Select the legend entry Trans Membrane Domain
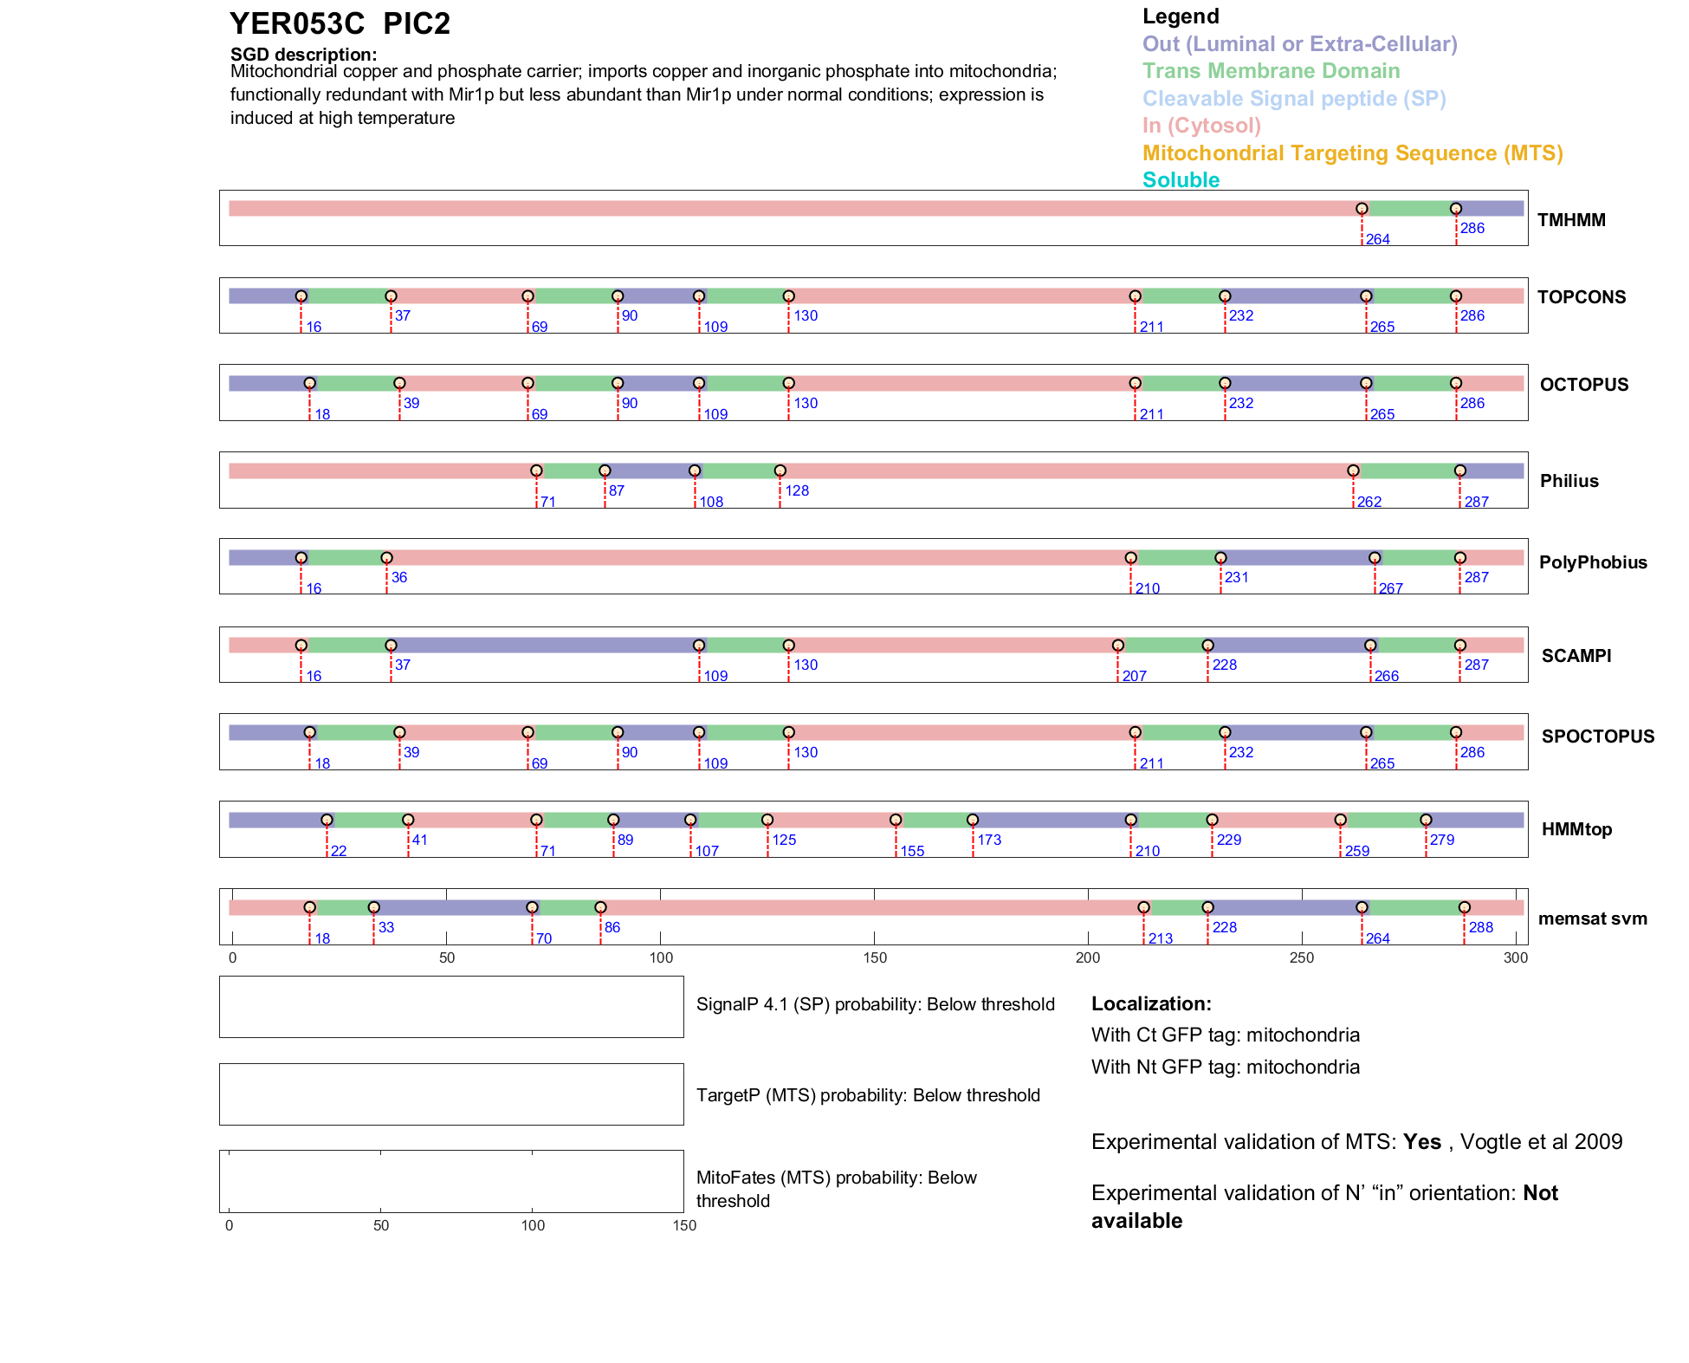(1271, 71)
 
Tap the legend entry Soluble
(1181, 180)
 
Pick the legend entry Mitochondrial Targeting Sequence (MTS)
(1352, 153)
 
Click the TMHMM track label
(1570, 220)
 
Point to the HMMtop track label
(1576, 829)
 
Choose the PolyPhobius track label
(1592, 562)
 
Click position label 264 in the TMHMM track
(1377, 240)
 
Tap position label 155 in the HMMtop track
(912, 852)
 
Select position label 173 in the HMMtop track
(989, 840)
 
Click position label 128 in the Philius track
(797, 490)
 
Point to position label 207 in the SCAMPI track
(1134, 677)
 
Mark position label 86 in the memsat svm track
(612, 927)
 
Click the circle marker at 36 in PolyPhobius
(386, 558)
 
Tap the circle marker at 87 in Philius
(605, 471)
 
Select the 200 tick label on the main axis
(1088, 957)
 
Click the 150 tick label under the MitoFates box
(684, 1225)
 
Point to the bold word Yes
(1421, 1142)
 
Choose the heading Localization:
(1151, 1004)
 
